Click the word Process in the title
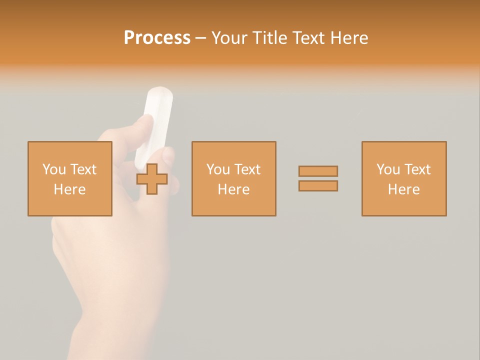click(x=157, y=38)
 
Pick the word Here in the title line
click(x=349, y=38)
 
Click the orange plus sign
click(x=152, y=179)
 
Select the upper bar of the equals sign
click(x=318, y=171)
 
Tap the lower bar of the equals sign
click(x=318, y=185)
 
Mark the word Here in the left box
click(x=69, y=189)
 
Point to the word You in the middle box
click(x=218, y=169)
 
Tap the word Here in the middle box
click(x=233, y=189)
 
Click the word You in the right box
click(x=388, y=169)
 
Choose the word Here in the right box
click(x=403, y=189)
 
